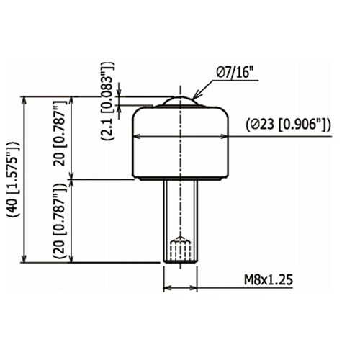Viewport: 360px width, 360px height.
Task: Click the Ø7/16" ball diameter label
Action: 235,72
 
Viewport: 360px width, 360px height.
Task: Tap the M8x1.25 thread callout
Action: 269,279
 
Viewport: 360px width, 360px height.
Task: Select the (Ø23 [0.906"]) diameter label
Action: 288,125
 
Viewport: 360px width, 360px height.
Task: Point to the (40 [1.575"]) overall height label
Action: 14,179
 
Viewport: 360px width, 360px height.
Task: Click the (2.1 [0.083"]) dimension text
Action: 107,101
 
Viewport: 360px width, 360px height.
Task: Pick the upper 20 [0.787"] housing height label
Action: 60,133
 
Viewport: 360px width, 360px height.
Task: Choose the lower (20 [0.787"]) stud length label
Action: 60,221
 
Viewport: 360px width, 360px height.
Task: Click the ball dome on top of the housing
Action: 181,101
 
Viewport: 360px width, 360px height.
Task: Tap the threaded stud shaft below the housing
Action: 181,221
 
